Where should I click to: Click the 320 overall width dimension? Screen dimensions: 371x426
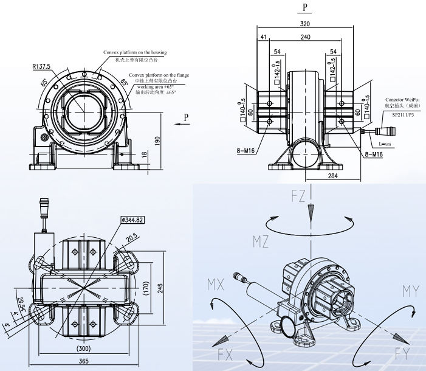(305, 24)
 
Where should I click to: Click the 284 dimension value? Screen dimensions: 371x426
(332, 176)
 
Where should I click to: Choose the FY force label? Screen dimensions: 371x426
(402, 351)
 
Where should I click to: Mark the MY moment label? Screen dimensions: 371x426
(410, 291)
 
